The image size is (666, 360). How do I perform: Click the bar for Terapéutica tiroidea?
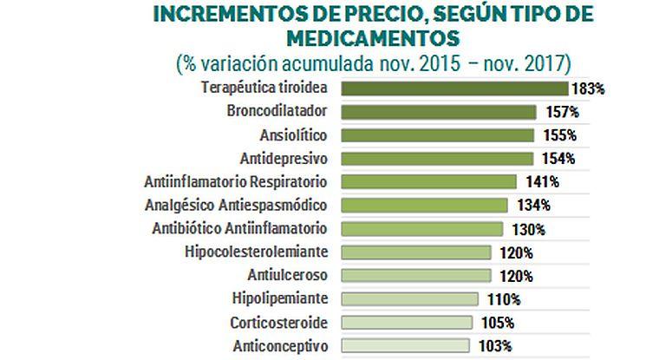click(454, 88)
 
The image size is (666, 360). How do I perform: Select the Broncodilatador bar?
click(439, 112)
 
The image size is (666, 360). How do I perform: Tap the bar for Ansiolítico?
click(438, 135)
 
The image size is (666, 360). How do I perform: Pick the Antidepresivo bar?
click(437, 159)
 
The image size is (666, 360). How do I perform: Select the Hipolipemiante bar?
click(410, 299)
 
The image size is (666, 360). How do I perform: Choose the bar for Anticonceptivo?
click(406, 346)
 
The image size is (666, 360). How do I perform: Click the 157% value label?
click(560, 112)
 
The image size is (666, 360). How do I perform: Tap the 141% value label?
click(542, 182)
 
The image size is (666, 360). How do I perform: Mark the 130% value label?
click(527, 229)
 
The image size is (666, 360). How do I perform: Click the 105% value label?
click(497, 323)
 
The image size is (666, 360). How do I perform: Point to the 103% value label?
click(494, 346)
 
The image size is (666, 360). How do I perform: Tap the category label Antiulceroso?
click(286, 276)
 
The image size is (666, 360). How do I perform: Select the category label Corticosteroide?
click(278, 323)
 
